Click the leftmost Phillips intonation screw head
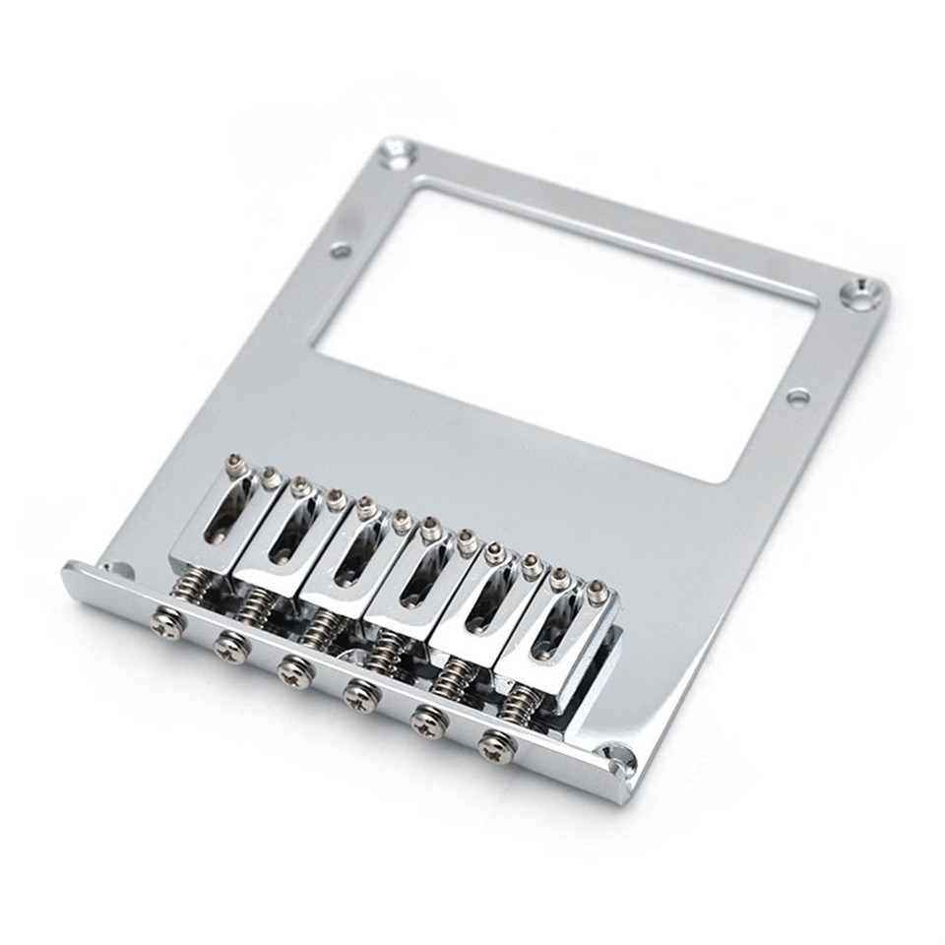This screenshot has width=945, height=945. pos(166,625)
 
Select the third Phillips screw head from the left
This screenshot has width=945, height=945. pos(292,671)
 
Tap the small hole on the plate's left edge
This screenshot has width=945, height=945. pos(342,251)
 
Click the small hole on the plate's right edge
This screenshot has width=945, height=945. pos(798,397)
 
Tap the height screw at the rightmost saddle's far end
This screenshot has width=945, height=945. pos(597,594)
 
